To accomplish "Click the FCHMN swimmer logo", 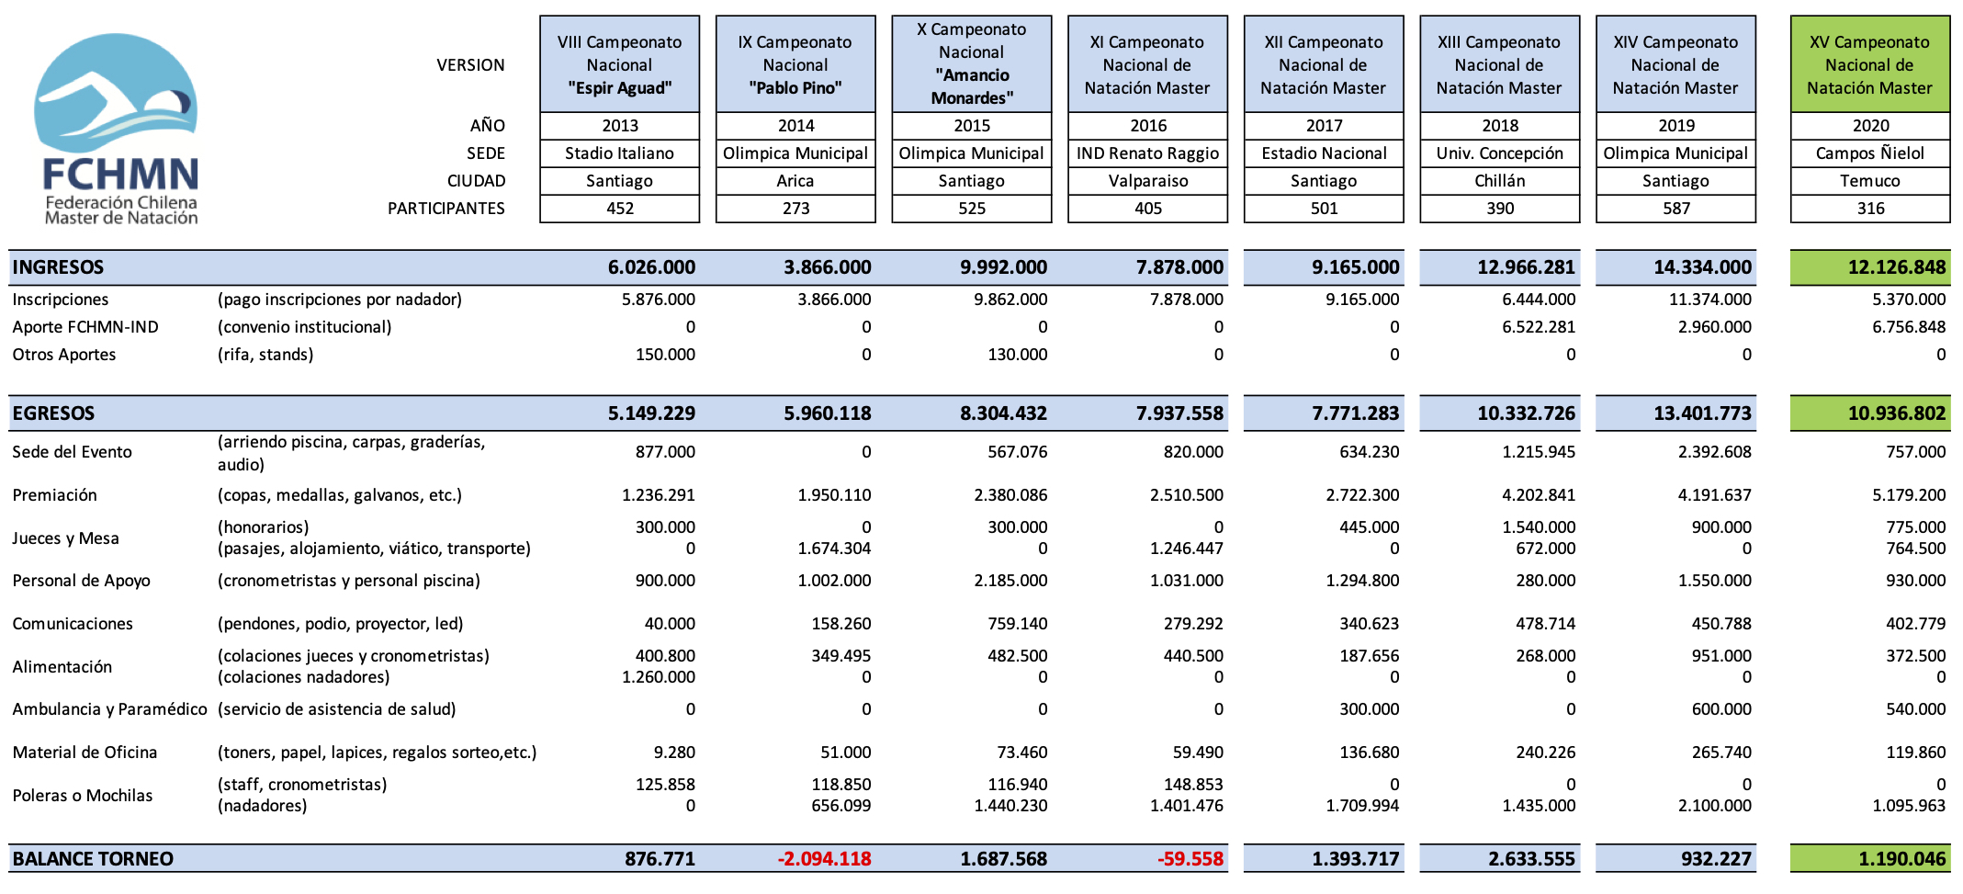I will [116, 129].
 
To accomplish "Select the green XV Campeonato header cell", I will [1869, 64].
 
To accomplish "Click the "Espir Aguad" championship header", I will [619, 64].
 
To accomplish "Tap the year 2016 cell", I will [1148, 125].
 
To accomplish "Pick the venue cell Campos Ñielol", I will [1869, 153].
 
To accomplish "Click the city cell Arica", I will [795, 181].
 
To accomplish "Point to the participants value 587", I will [1675, 209].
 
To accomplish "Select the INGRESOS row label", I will [59, 267].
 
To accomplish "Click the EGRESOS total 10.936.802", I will [1896, 413].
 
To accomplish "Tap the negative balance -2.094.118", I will [824, 859].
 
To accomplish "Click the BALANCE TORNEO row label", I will [93, 859].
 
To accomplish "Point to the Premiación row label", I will [55, 495].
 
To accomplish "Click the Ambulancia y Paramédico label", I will [110, 709].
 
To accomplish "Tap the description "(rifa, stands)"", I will [265, 355].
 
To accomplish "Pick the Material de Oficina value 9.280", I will [674, 753].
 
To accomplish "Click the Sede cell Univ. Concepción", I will [1499, 153].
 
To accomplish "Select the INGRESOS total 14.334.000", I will [1702, 267].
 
